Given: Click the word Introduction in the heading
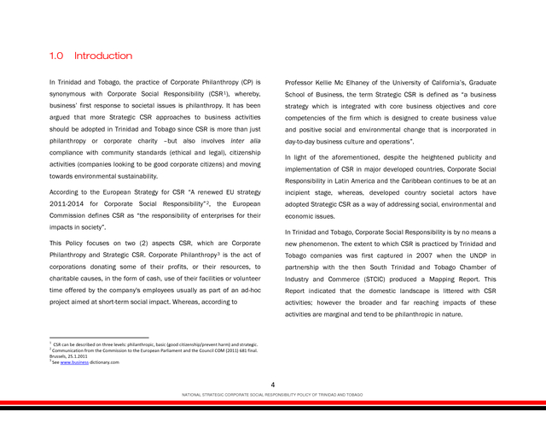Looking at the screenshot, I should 103,56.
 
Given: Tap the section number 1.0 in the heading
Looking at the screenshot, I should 56,56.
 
